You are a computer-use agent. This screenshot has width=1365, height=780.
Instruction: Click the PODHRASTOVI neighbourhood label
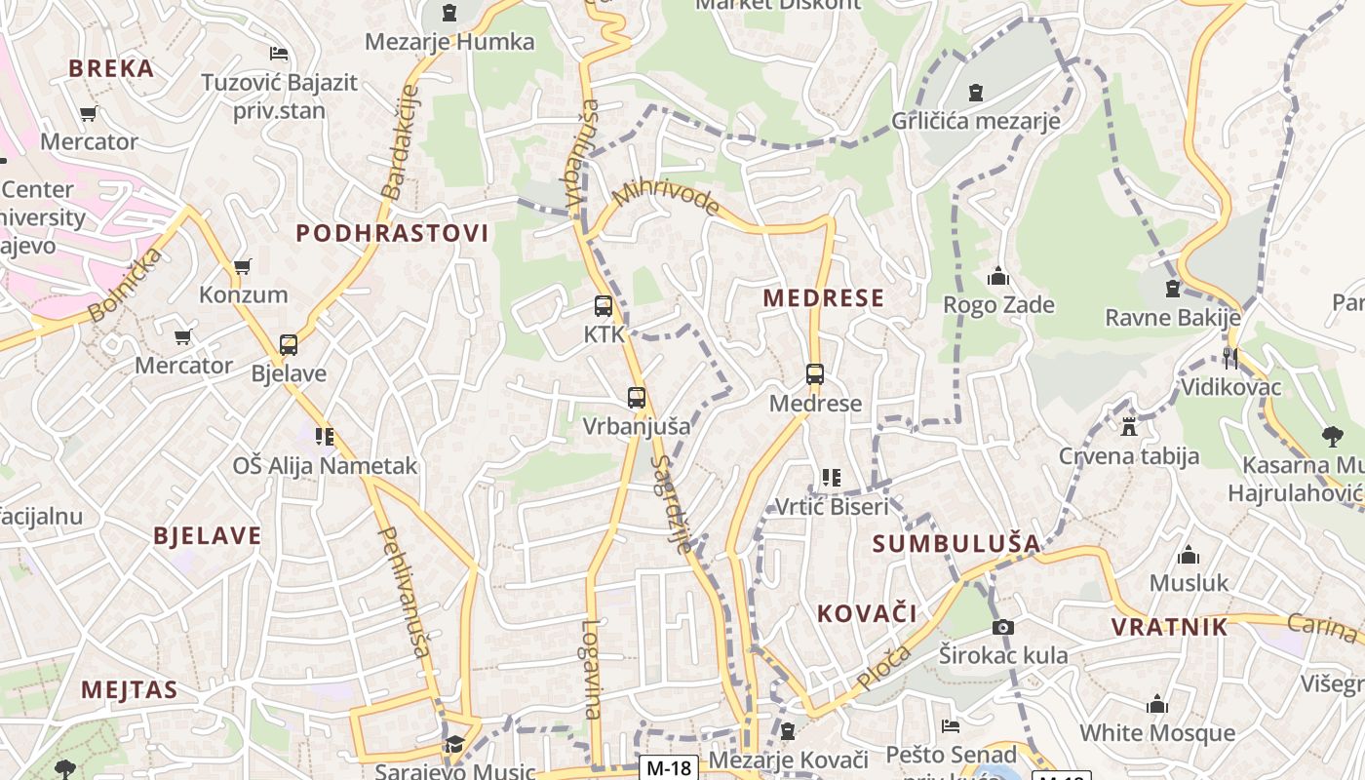coord(392,233)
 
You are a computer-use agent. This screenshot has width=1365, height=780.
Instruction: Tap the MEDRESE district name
coord(823,298)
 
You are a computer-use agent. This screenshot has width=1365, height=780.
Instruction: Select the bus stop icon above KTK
coord(604,306)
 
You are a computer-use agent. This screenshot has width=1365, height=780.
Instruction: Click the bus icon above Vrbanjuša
coord(637,398)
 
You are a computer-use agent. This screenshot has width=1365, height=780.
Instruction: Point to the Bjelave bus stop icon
coord(289,345)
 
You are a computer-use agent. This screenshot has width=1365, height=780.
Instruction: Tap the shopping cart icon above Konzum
coord(243,266)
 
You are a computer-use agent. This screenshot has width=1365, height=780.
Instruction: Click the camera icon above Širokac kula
coord(1002,627)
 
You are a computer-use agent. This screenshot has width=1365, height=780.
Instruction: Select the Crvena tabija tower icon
coord(1129,427)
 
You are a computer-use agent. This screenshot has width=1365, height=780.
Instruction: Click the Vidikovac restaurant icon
coord(1230,359)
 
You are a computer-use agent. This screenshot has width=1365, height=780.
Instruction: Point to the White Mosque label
coord(1156,732)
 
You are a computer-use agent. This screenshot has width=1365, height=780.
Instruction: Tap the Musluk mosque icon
coord(1188,556)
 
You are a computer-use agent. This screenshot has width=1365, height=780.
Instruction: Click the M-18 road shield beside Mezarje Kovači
coord(669,767)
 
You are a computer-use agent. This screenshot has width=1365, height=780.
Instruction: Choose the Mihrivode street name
coord(667,198)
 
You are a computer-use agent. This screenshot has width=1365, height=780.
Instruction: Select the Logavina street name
coord(592,670)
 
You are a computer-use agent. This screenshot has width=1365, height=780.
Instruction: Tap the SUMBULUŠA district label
coord(955,543)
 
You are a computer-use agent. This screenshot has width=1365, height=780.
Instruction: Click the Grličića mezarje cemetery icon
coord(975,94)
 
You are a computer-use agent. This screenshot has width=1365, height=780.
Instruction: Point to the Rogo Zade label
coord(998,305)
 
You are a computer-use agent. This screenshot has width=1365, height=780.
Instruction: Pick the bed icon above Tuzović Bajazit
coord(279,54)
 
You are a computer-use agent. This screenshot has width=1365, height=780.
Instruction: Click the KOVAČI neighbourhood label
coord(867,613)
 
